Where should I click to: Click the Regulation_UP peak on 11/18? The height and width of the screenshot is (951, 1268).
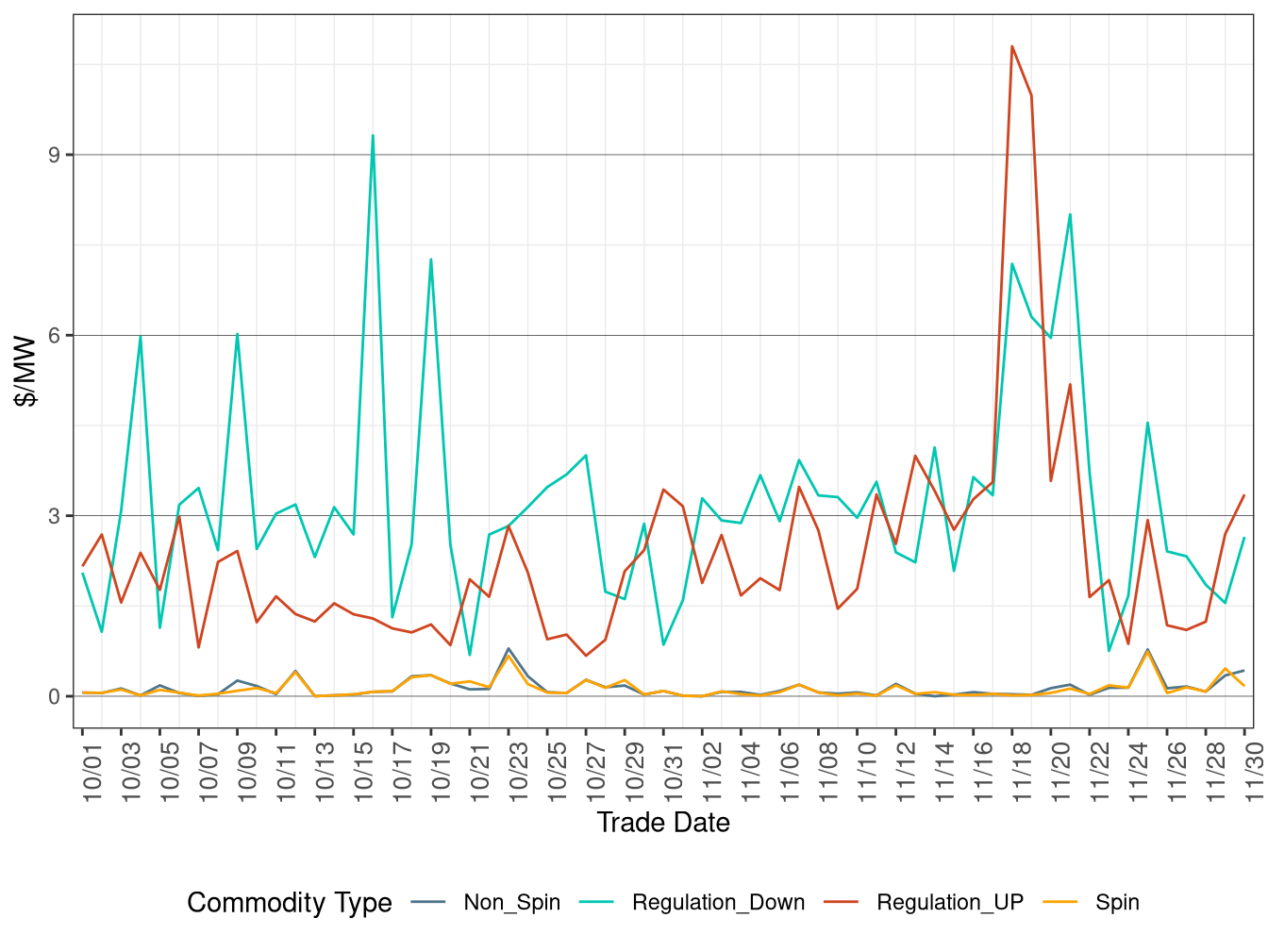pos(1012,46)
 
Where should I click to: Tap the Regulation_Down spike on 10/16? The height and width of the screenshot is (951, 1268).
pos(373,136)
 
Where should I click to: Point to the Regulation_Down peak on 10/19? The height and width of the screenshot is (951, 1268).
pos(431,259)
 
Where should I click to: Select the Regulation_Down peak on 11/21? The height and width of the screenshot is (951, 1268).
pos(1070,214)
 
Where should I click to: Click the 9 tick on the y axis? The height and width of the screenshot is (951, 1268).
pos(54,155)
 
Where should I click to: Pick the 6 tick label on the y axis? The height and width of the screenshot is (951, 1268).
pos(54,336)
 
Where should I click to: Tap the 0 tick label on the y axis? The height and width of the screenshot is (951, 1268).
pos(54,697)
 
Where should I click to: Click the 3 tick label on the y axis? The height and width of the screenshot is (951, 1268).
pos(54,516)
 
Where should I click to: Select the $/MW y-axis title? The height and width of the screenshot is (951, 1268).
pos(26,371)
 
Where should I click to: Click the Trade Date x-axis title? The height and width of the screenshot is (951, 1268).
pos(663,823)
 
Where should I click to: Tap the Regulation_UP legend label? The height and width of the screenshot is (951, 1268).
pos(950,903)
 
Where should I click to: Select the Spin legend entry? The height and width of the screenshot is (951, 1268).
pos(1117,903)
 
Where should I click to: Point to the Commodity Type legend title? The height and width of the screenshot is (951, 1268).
pos(290,903)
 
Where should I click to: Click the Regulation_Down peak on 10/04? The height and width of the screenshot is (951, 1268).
pos(141,337)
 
